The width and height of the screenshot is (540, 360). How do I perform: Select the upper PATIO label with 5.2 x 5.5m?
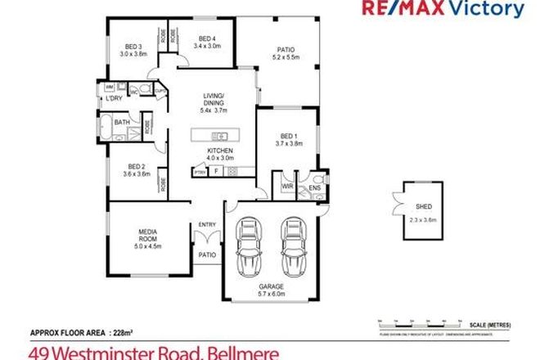(284, 54)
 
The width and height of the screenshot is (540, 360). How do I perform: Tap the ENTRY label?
(207, 225)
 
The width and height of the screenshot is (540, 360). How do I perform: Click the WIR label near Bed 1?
(286, 187)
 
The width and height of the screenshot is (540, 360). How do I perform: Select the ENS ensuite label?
(315, 189)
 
